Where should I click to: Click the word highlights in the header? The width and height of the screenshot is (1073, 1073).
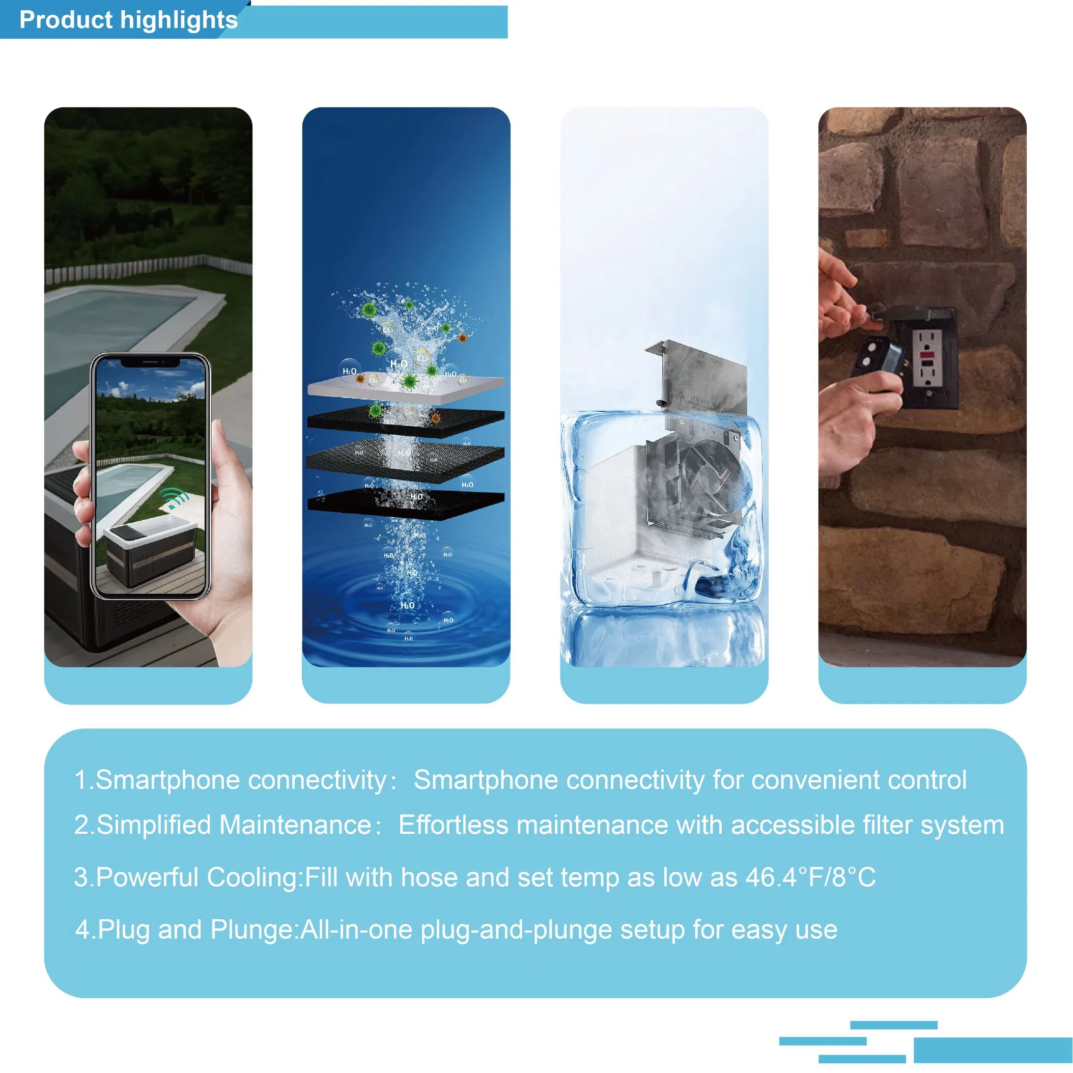(179, 20)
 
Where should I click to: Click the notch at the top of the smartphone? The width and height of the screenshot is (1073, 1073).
(150, 362)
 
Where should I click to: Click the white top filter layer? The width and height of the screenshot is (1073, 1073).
(406, 387)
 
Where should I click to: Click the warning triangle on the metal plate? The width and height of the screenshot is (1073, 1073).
(679, 398)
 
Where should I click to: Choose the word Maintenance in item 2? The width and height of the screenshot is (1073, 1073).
(295, 825)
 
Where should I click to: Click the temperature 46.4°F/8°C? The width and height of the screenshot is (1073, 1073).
(810, 878)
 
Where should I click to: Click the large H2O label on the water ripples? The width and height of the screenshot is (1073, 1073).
(407, 605)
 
